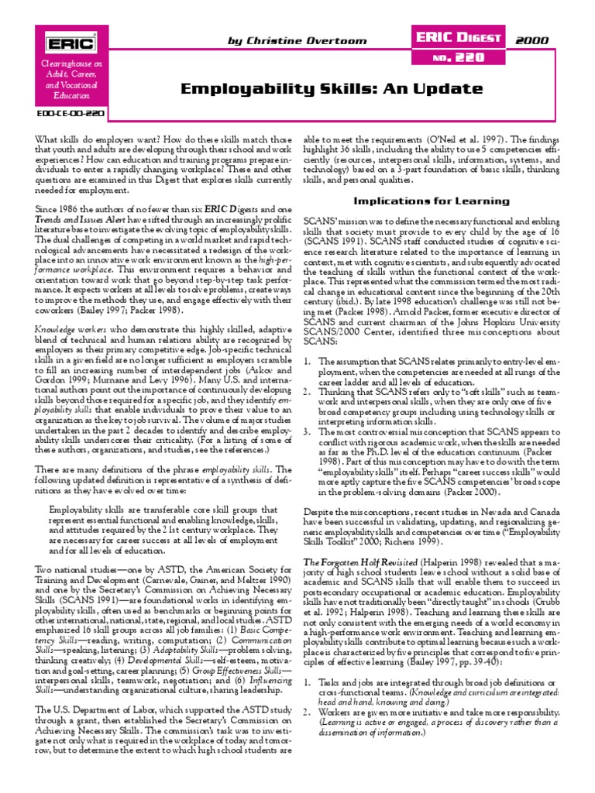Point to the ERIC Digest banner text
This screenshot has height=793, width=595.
(460, 35)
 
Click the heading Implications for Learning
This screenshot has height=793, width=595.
(432, 201)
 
